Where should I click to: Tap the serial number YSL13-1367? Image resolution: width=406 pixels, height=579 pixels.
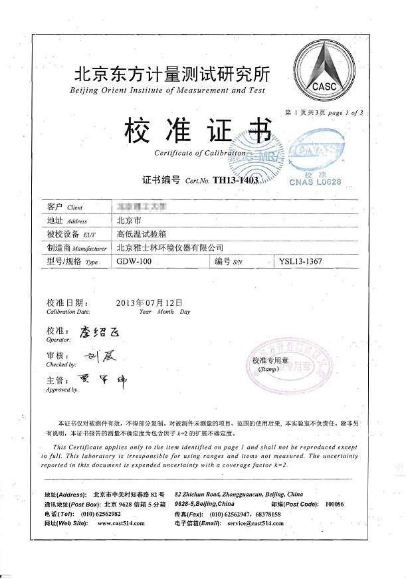click(x=301, y=262)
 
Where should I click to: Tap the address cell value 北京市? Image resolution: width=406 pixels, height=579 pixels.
click(x=128, y=220)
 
